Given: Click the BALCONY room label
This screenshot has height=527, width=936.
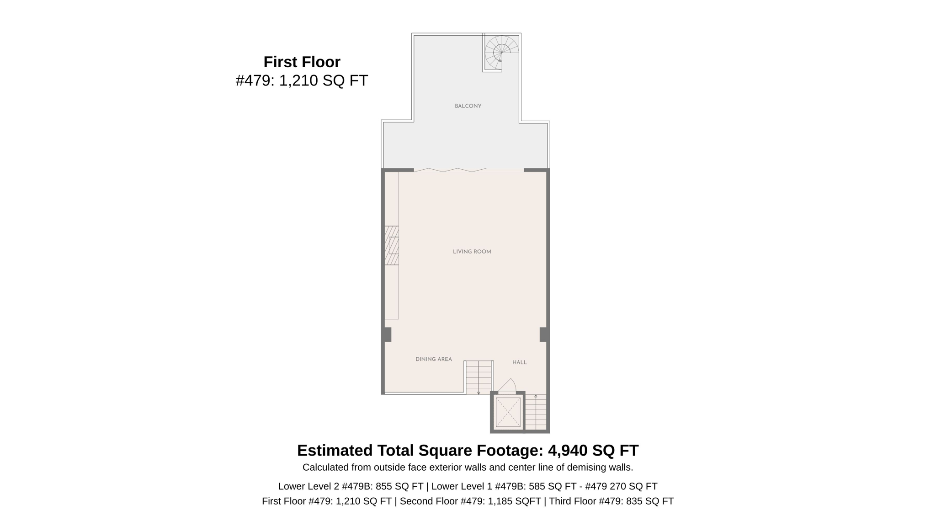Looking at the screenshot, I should click(x=468, y=106).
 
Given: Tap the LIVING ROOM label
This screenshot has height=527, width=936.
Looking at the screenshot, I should click(x=472, y=252).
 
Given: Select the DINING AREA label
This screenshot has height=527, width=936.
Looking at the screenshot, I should click(x=433, y=359).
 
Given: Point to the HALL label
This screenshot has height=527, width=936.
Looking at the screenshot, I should click(x=519, y=362).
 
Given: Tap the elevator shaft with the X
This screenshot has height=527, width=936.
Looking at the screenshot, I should click(x=508, y=412).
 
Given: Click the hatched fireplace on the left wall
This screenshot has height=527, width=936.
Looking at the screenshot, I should click(x=391, y=245).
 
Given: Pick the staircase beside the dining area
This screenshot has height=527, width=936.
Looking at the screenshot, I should click(x=479, y=377).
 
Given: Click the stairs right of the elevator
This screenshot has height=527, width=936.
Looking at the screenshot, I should click(x=536, y=412).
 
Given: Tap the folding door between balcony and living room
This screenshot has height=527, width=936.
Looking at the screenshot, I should click(x=457, y=170).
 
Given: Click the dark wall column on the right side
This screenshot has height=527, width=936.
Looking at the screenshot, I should click(x=543, y=334).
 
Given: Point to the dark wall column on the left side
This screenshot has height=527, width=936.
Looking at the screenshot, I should click(x=387, y=334).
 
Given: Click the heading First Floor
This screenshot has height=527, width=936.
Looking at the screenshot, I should click(x=302, y=62).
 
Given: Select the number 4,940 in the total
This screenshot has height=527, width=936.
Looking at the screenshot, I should click(x=567, y=451).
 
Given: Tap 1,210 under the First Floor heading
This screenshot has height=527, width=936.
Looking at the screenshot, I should click(x=298, y=81).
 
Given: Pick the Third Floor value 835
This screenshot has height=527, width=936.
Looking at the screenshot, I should click(x=634, y=501).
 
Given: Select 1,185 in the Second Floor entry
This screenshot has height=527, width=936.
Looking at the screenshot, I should click(x=500, y=501).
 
